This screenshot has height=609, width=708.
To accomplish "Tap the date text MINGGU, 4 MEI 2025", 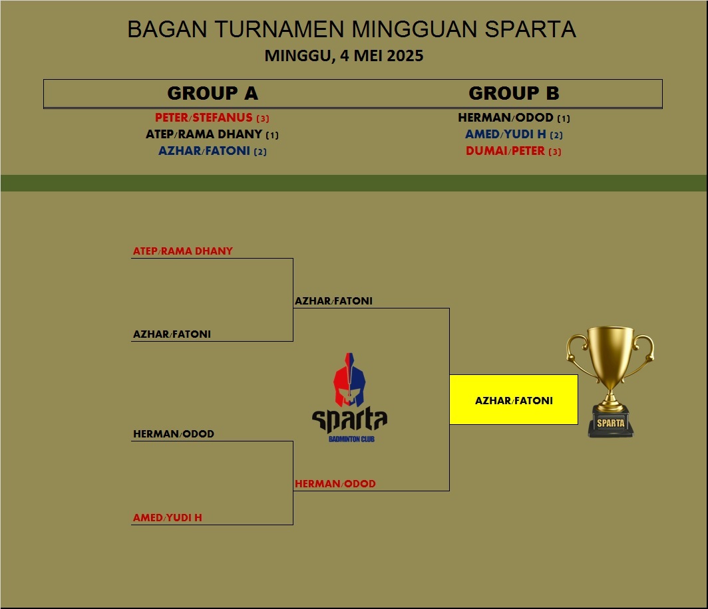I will pos(344,56).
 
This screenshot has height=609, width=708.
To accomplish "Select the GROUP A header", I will pos(212,93).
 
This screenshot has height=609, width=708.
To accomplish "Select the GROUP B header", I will pos(514,93).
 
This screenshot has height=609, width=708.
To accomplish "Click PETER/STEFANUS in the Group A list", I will pos(204,118).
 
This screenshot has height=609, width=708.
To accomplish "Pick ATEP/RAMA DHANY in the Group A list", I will pos(204,134).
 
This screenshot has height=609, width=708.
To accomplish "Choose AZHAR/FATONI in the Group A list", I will pos(204,151).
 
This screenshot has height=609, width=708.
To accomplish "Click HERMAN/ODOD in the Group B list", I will pos(506,118).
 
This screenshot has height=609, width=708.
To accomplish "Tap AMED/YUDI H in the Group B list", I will pos(506,134).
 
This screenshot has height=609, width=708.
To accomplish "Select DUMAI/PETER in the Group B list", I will pos(505,151).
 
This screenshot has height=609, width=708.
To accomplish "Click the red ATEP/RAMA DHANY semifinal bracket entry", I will pos(183,251).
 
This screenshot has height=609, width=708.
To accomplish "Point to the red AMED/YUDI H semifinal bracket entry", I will pos(168,517).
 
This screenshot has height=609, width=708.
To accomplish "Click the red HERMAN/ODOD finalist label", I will pos(335,484).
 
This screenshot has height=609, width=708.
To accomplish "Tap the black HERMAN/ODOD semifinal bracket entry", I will pos(174,434).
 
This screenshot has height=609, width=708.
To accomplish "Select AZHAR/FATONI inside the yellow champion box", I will pos(514,400).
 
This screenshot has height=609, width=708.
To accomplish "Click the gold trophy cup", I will pos(610,362).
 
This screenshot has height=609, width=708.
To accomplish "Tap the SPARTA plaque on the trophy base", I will pos(611,423).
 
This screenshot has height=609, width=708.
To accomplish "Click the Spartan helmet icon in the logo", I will pos(349,380).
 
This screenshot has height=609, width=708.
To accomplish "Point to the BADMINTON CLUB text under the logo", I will pos(351,439).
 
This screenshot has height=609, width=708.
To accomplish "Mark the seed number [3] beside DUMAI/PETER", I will pos(555,152).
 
